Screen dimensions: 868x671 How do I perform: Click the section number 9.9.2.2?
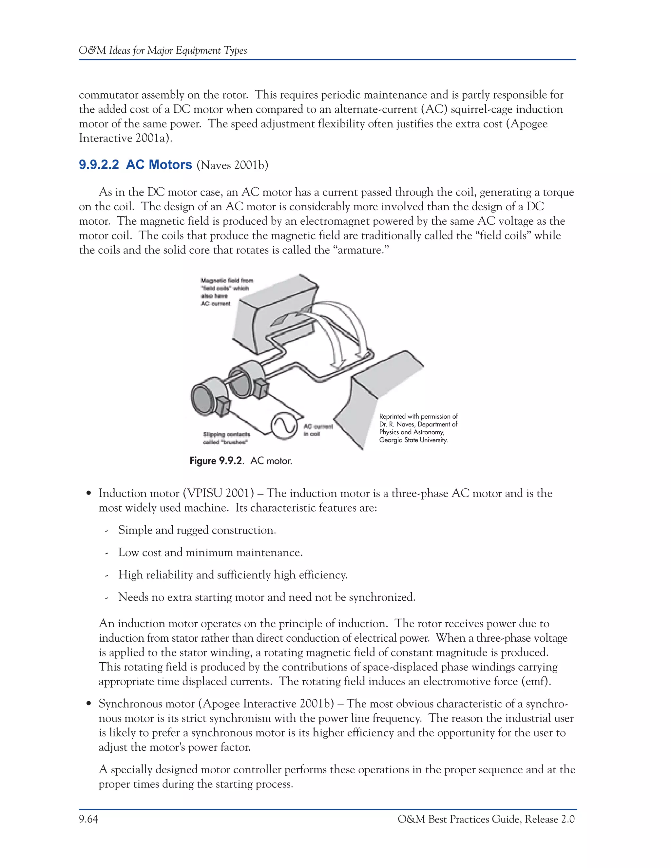coord(99,164)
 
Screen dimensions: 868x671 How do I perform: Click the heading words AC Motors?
coord(159,164)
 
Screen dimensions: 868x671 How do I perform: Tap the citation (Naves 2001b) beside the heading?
coord(232,165)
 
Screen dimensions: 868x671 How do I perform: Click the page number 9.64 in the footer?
coord(88,819)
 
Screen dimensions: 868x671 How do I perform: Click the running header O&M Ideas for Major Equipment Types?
coord(163,50)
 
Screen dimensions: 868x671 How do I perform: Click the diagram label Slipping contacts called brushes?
coord(226,438)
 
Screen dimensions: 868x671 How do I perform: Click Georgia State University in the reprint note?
coord(413,440)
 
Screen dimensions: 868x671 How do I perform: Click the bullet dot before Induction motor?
coord(89,494)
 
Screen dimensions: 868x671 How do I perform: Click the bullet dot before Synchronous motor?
coord(89,704)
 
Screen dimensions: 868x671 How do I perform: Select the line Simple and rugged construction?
coord(197,530)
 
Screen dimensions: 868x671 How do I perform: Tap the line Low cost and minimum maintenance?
coord(210,553)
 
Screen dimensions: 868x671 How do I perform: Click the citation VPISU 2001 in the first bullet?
coord(218,493)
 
